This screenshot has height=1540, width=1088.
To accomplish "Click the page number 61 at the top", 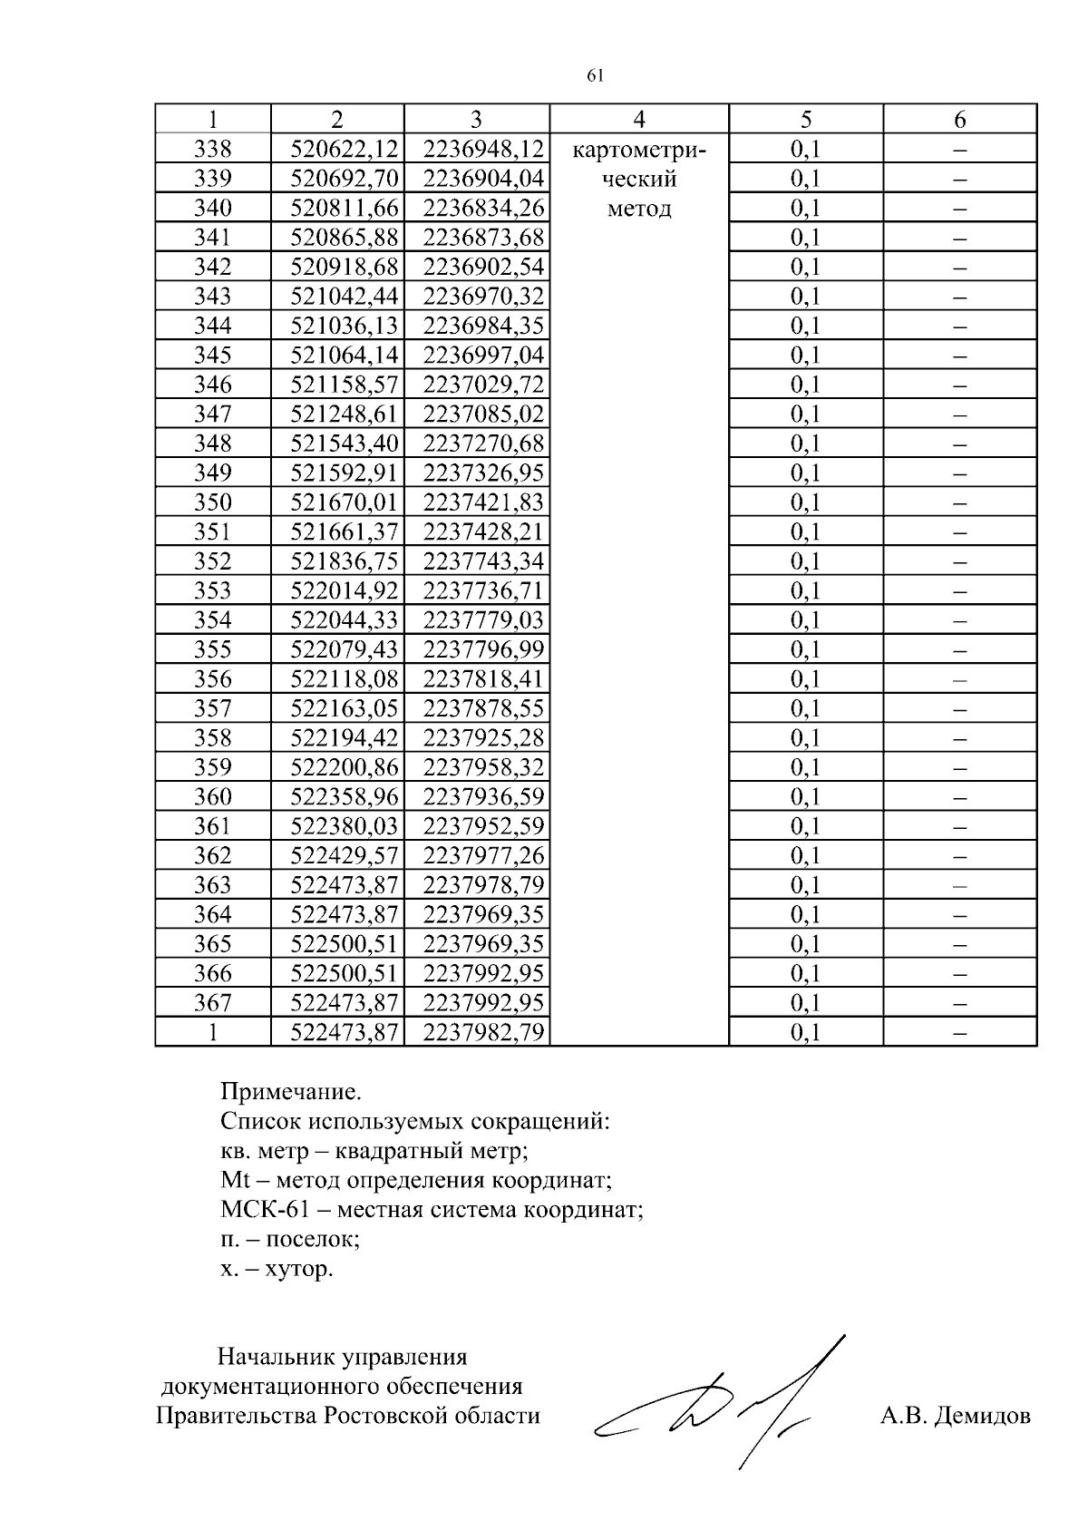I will (x=596, y=76).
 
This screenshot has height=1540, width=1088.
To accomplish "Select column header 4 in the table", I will (x=639, y=119).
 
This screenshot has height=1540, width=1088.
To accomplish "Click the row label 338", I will (x=213, y=149).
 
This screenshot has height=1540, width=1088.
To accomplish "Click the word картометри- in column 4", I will (x=638, y=150).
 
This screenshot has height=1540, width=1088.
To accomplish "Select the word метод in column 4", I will (x=638, y=210).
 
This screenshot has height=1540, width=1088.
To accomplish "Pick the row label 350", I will (x=213, y=502).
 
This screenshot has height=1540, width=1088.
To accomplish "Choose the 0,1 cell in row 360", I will (x=805, y=796).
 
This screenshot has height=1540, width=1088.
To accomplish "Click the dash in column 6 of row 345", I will (x=960, y=355).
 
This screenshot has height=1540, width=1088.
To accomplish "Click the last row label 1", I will (x=213, y=1032).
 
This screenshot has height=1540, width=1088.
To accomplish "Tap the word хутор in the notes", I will (x=298, y=1269).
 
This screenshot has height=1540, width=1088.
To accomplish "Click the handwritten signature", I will (x=725, y=1401).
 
